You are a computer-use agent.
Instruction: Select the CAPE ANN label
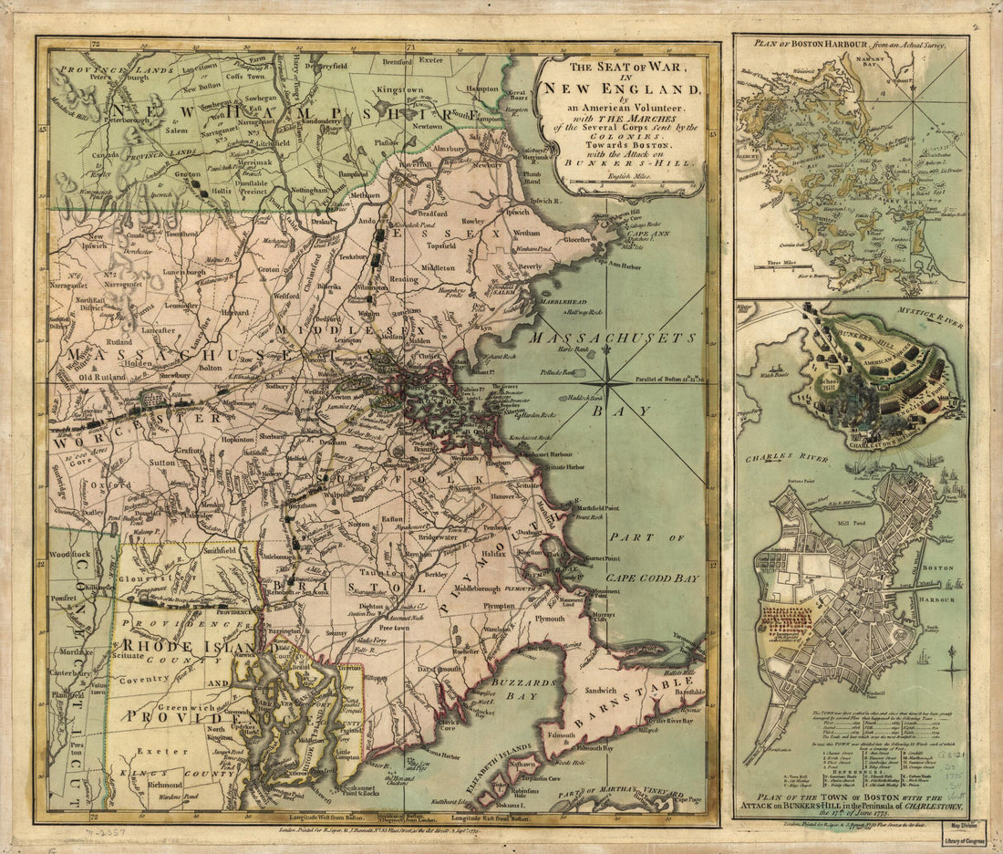(645, 233)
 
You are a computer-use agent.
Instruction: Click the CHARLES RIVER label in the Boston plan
(779, 460)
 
